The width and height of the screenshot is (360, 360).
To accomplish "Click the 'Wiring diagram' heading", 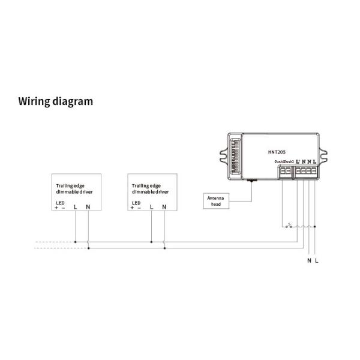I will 56,101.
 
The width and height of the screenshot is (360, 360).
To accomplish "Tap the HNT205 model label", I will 278,152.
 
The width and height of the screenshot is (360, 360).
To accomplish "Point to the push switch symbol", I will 290,226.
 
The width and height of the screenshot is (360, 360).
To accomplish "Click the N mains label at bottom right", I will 309,260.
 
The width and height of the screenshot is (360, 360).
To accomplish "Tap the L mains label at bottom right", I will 316,260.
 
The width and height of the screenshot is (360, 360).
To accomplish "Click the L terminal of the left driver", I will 75,208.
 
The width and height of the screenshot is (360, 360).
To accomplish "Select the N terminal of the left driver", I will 88,208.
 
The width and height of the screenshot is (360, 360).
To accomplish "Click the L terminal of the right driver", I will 151,208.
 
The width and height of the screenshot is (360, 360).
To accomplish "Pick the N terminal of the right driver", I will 164,208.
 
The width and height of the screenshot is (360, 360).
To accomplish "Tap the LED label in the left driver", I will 60,203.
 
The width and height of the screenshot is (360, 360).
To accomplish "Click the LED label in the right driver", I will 136,203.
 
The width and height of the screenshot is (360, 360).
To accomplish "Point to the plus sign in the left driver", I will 56,208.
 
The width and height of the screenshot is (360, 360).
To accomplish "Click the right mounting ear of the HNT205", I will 326,154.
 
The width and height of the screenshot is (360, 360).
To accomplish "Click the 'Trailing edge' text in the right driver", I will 146,186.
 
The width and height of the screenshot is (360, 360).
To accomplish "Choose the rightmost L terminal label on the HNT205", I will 315,162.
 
